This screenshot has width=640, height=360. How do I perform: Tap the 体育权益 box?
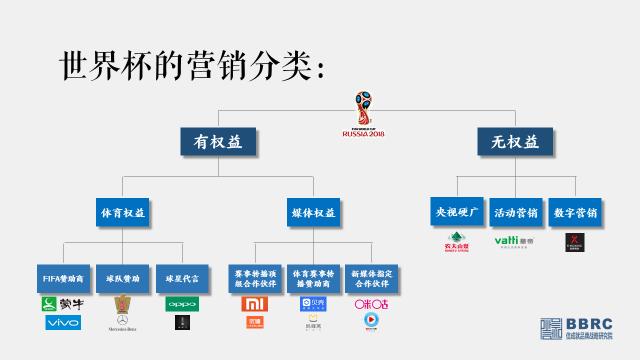pyautogui.click(x=122, y=212)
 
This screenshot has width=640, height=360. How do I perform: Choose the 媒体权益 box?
pyautogui.click(x=314, y=212)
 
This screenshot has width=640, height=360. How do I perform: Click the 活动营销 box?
pyautogui.click(x=516, y=212)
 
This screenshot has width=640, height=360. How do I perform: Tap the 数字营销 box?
pyautogui.click(x=574, y=212)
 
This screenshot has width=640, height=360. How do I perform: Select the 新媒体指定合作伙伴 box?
pyautogui.click(x=373, y=278)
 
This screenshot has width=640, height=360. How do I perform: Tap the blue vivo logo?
pyautogui.click(x=62, y=322)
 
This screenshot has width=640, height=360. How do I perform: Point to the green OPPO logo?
pyautogui.click(x=182, y=303)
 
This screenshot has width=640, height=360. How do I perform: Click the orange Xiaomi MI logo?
pyautogui.click(x=254, y=303)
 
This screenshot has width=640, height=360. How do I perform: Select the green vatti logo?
pyautogui.click(x=516, y=240)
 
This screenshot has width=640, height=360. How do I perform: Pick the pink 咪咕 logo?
pyautogui.click(x=372, y=303)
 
